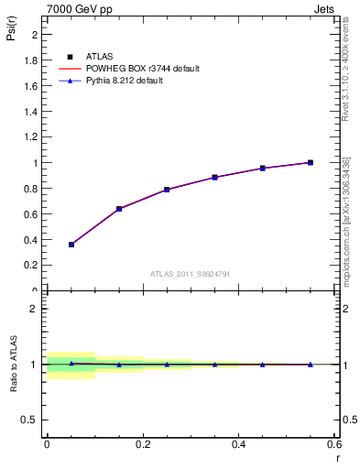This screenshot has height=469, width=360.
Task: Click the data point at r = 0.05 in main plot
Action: click(x=71, y=245)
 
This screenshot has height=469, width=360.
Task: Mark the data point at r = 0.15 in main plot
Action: click(x=119, y=209)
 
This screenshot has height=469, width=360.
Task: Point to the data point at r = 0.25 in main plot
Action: click(x=167, y=190)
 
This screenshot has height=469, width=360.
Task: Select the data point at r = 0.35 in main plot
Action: click(x=214, y=177)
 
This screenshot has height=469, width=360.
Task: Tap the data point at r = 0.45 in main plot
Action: click(x=262, y=168)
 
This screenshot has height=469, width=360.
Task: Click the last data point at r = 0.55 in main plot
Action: click(x=310, y=162)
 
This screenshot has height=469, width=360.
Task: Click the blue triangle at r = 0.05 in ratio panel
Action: click(x=71, y=363)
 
